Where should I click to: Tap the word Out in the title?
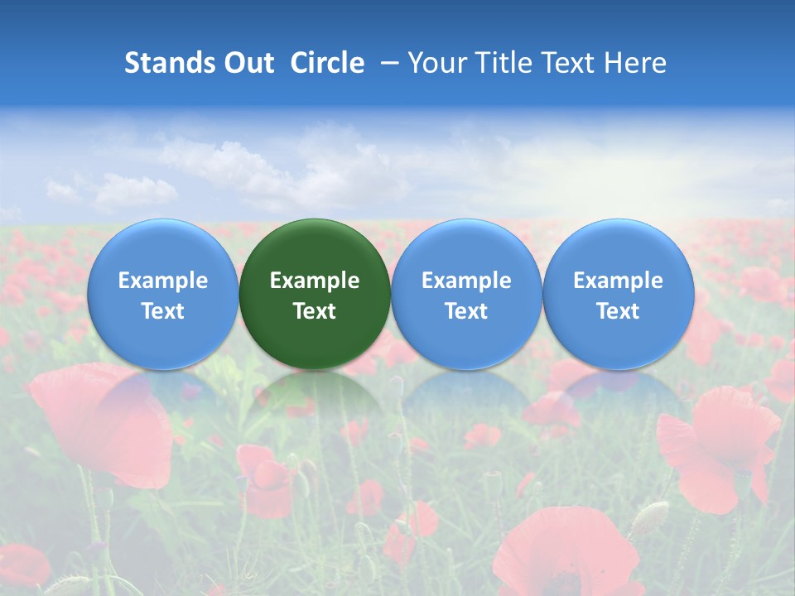pyautogui.click(x=246, y=63)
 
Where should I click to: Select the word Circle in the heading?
pyautogui.click(x=327, y=63)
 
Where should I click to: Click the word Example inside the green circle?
pyautogui.click(x=315, y=281)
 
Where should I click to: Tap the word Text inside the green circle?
pyautogui.click(x=315, y=311)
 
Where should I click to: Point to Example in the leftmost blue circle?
pyautogui.click(x=162, y=281)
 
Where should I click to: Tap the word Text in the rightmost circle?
pyautogui.click(x=619, y=311)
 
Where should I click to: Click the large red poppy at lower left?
pyautogui.click(x=104, y=422)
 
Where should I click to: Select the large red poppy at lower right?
pyautogui.click(x=716, y=443)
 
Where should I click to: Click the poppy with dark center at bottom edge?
pyautogui.click(x=563, y=555)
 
